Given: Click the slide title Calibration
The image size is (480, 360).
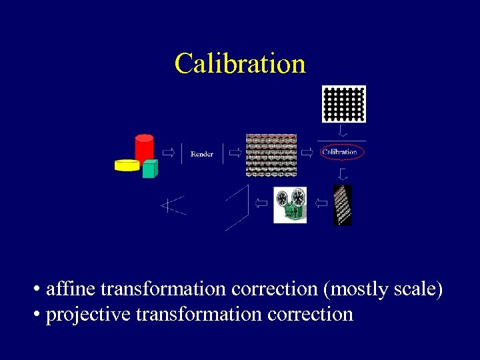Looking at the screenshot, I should (x=240, y=64).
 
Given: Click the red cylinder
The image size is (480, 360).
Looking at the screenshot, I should (x=145, y=147).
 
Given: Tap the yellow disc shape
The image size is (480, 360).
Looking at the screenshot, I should (x=127, y=165).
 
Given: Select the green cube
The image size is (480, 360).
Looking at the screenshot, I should (x=150, y=169).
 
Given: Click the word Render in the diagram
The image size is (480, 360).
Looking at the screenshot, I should (x=202, y=154).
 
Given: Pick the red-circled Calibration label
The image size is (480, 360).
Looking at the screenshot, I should (x=340, y=152).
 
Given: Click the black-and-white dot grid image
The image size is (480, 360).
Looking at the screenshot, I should (x=344, y=104).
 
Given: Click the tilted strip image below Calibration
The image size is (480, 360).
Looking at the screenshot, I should (x=342, y=205).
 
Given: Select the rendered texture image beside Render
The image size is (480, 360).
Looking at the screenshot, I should (x=271, y=155).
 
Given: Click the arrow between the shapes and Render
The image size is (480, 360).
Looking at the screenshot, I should (x=169, y=153).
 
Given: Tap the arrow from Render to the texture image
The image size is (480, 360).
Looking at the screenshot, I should (x=235, y=153).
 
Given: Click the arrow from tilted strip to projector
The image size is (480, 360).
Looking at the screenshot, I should (x=321, y=203).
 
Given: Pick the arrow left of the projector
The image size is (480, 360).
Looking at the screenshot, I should (x=261, y=203).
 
